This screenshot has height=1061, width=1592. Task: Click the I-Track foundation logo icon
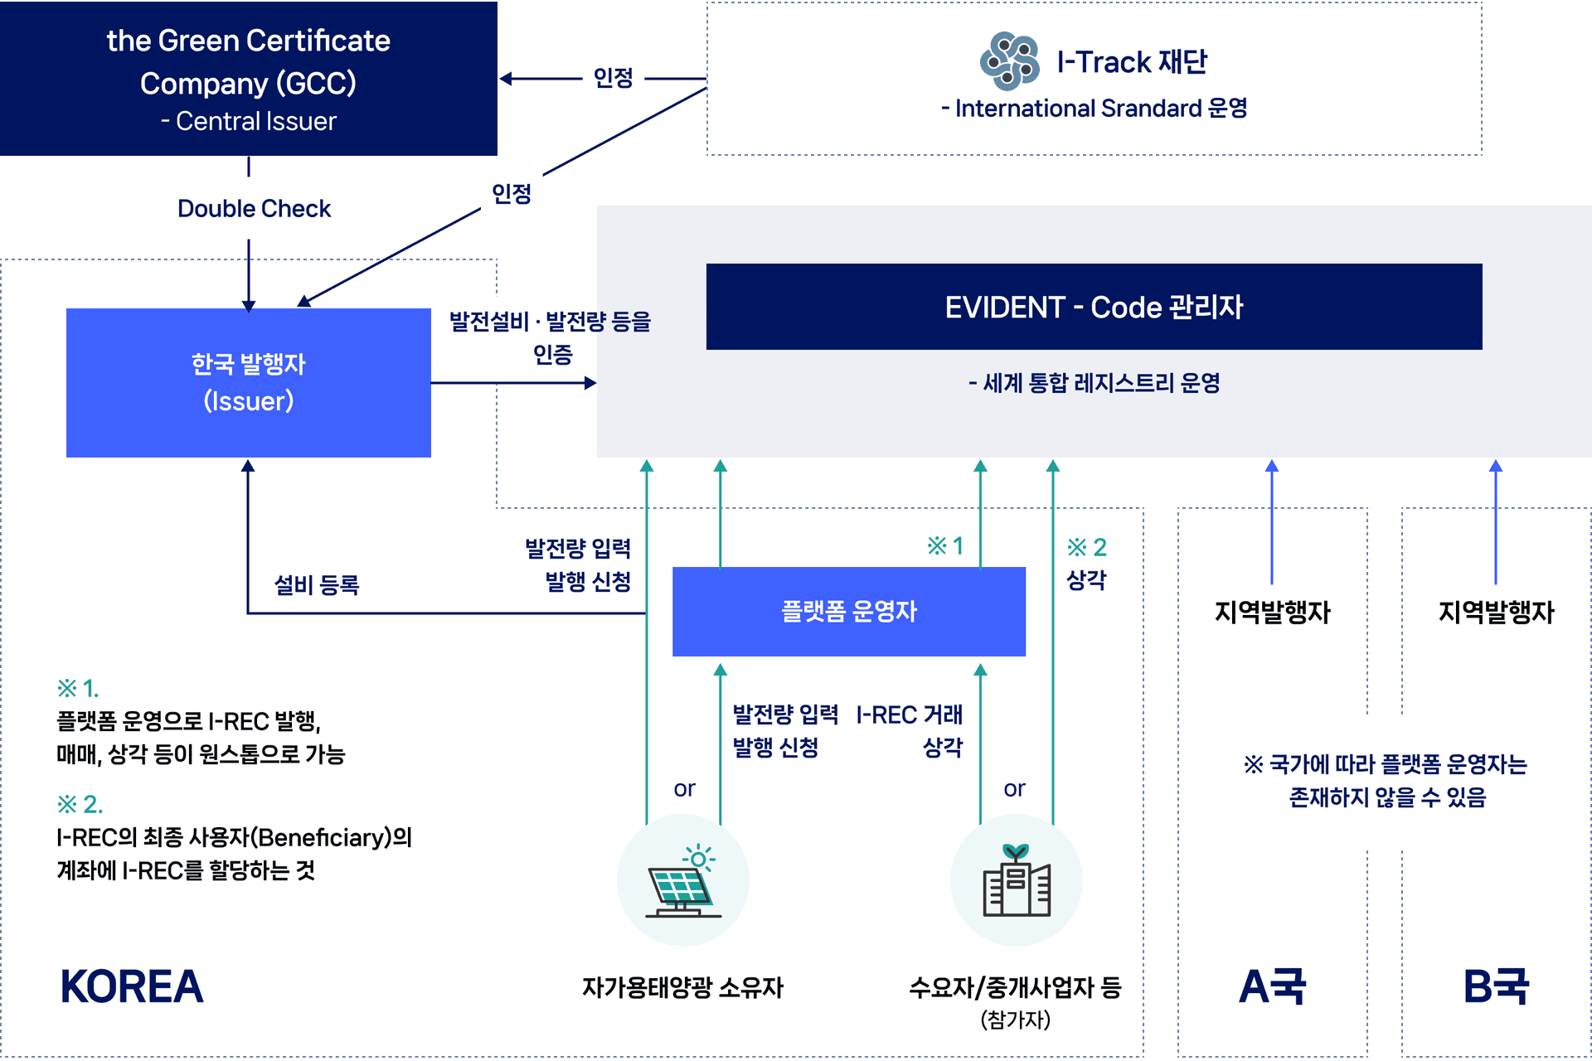tap(1009, 61)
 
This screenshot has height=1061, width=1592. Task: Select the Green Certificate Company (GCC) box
tap(249, 79)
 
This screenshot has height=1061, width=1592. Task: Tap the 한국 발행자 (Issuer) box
tap(249, 383)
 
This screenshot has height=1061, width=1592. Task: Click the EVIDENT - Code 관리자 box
tap(1094, 307)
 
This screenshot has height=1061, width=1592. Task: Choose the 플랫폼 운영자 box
tap(849, 612)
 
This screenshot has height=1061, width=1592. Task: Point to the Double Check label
tap(254, 209)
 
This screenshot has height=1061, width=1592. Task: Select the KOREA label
tap(132, 986)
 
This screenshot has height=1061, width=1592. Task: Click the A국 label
tap(1272, 986)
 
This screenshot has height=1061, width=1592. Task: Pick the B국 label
tap(1496, 986)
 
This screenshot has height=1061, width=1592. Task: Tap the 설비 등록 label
tap(317, 585)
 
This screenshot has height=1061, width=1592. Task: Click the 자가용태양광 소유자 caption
tap(682, 987)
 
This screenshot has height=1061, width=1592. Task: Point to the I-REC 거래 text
tap(909, 715)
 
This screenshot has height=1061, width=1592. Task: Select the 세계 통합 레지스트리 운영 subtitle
tap(1094, 383)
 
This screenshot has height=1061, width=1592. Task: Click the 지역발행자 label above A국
tap(1272, 613)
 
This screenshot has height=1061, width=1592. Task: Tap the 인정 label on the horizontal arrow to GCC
tap(613, 78)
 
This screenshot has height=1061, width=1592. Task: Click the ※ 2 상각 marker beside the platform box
tap(1086, 564)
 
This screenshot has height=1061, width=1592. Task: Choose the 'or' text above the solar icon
tap(684, 788)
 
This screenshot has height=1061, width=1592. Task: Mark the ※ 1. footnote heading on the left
tap(78, 688)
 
